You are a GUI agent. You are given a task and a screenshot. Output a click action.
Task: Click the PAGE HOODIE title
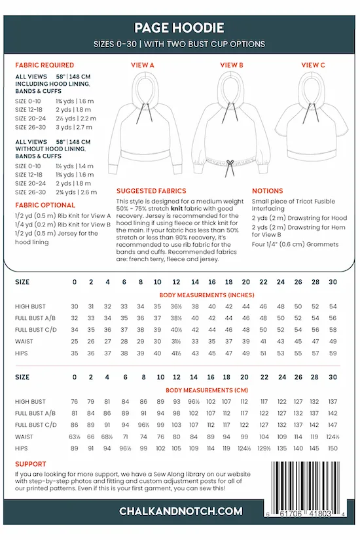[x=179, y=27]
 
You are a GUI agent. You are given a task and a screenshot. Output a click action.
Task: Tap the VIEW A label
[x=143, y=65]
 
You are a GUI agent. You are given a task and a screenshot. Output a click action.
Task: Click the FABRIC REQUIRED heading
[x=44, y=65]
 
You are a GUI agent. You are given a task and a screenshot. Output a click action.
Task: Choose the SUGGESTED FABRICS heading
[x=151, y=190]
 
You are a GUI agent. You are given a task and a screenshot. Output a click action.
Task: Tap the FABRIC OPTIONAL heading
[x=45, y=205]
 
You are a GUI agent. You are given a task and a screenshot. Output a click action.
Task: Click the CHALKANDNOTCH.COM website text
[x=180, y=511]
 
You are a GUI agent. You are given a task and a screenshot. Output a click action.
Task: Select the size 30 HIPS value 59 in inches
[x=333, y=353]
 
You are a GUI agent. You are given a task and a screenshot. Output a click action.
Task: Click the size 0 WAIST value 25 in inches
[x=75, y=342]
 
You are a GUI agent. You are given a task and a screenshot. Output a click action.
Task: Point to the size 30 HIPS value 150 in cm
[x=333, y=448]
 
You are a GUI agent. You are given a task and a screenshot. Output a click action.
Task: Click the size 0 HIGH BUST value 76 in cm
[x=75, y=401]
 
